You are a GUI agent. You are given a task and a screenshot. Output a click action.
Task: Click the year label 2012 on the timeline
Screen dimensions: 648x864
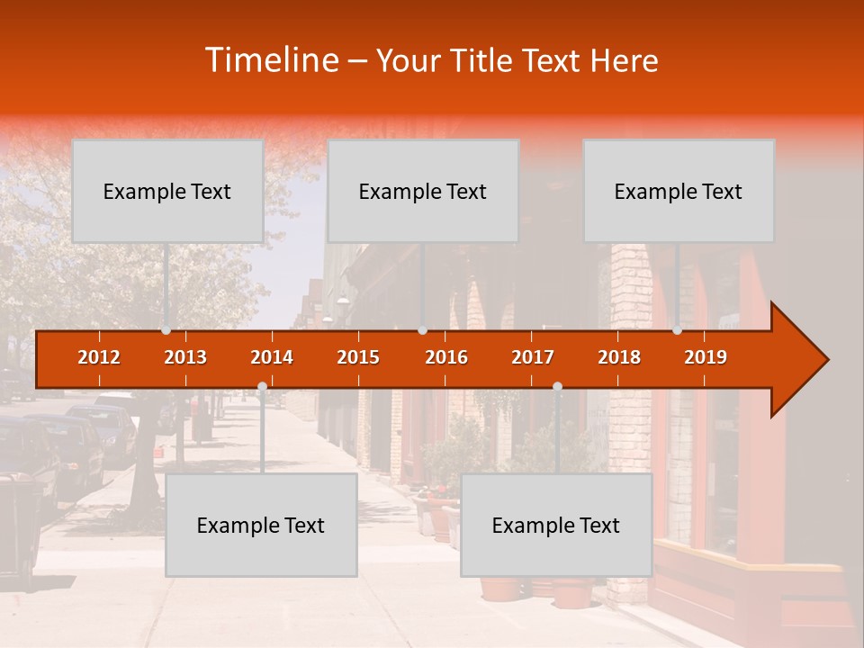[x=99, y=357]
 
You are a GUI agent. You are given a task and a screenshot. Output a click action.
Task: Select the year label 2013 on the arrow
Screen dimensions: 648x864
[x=185, y=357]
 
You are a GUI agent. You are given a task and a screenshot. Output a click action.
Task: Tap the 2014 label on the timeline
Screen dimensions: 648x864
[x=272, y=357]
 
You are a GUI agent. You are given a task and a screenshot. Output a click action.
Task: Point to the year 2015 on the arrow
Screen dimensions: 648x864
[x=358, y=357]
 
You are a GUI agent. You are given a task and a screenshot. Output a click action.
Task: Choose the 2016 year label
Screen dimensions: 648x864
[x=446, y=357]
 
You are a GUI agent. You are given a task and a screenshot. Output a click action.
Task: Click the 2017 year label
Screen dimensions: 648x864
[x=533, y=357]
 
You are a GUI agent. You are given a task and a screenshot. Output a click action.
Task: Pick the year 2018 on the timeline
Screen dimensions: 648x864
[x=619, y=357]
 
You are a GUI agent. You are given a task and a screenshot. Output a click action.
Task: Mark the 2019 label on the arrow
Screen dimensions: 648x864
[x=706, y=357]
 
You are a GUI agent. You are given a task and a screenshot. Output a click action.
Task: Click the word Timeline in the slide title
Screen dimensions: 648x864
[x=271, y=60]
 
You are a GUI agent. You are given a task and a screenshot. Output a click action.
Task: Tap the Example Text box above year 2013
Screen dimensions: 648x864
[x=167, y=191]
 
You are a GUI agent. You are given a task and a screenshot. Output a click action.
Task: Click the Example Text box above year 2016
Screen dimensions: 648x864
[x=423, y=191]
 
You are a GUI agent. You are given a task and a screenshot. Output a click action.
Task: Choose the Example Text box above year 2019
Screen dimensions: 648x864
[x=679, y=191]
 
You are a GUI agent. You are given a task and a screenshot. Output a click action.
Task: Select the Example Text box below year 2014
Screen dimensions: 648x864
[x=261, y=525]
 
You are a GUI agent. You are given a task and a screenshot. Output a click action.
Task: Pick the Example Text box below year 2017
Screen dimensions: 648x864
[x=556, y=525]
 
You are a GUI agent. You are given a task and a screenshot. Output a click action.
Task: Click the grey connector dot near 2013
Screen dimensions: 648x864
[x=166, y=330]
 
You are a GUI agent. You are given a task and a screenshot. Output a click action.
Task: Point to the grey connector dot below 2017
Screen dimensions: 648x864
[x=557, y=387]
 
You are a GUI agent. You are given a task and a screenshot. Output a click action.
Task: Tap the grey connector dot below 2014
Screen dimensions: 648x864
[x=262, y=387]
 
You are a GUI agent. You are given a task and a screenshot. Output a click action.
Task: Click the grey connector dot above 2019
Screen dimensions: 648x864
[x=677, y=330]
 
